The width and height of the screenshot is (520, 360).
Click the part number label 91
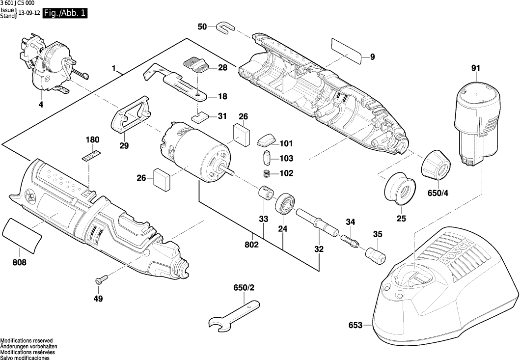click(x=475, y=69)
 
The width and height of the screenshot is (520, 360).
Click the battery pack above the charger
click(x=476, y=123)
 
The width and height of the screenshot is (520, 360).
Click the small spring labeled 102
click(x=265, y=173)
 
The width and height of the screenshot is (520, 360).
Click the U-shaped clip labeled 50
click(x=224, y=27)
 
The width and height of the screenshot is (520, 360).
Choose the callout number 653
click(x=356, y=325)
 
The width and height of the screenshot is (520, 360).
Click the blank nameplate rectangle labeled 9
click(x=347, y=49)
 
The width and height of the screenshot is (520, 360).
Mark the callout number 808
click(x=20, y=262)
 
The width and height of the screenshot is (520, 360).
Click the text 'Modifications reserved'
click(x=26, y=341)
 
